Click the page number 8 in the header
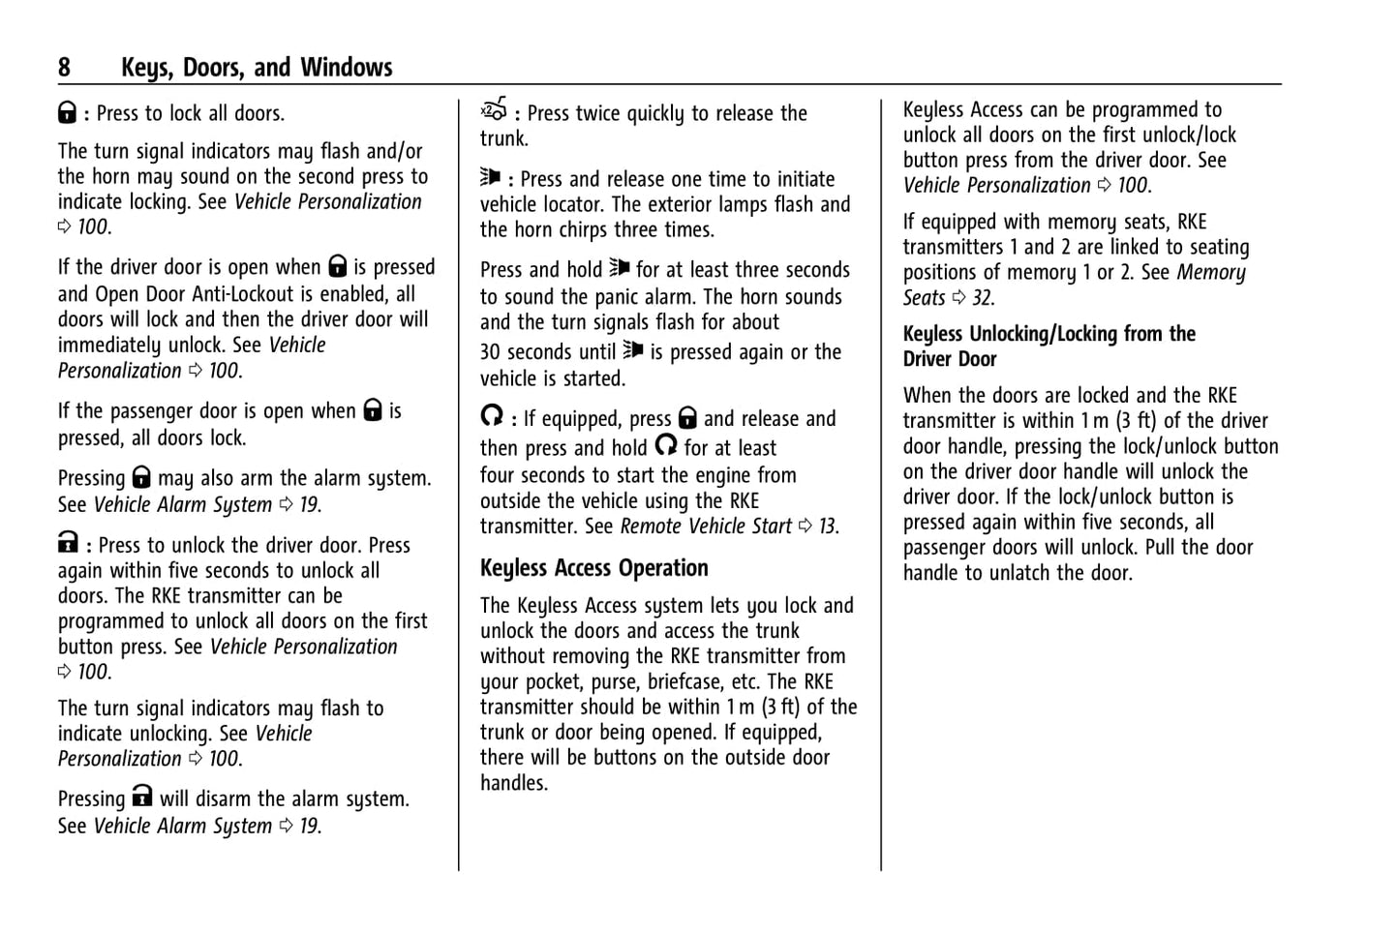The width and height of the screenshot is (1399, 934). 64,67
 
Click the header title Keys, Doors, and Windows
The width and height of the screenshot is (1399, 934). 257,67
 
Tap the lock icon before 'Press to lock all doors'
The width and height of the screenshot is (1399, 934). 67,112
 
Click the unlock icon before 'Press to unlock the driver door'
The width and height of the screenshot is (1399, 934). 67,543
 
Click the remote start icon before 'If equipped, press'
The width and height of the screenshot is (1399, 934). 492,416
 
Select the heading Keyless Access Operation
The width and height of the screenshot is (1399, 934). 593,568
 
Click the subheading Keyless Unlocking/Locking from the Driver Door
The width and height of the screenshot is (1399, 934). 1049,346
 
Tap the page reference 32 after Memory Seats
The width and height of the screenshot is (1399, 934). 983,298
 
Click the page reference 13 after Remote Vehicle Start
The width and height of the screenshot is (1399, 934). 828,527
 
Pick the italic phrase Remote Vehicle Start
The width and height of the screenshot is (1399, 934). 705,527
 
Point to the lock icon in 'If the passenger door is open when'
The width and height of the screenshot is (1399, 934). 373,410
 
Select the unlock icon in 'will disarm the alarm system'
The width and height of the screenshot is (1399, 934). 142,797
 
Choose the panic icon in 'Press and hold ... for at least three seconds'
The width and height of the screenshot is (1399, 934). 619,268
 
